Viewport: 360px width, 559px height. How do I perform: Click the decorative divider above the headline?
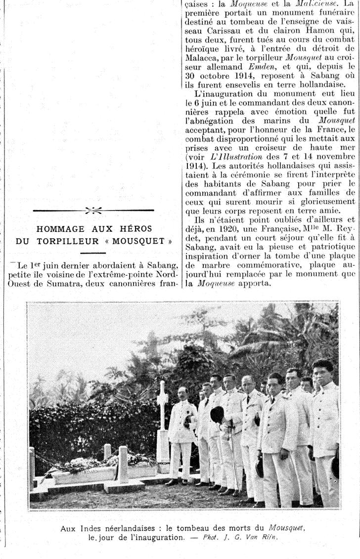click(93, 211)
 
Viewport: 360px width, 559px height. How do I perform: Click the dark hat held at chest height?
click(217, 414)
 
